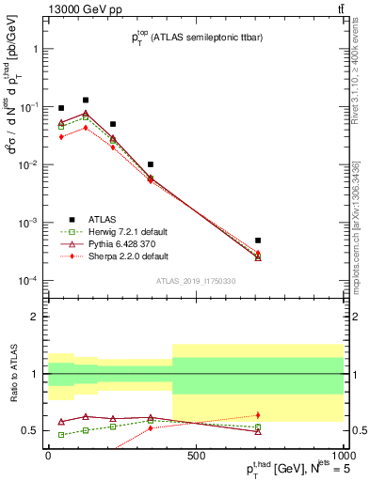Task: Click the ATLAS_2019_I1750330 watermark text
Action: pyautogui.click(x=195, y=281)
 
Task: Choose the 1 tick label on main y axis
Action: pyautogui.click(x=31, y=48)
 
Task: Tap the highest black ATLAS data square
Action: pyautogui.click(x=86, y=100)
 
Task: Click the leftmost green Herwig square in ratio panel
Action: pyautogui.click(x=62, y=434)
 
